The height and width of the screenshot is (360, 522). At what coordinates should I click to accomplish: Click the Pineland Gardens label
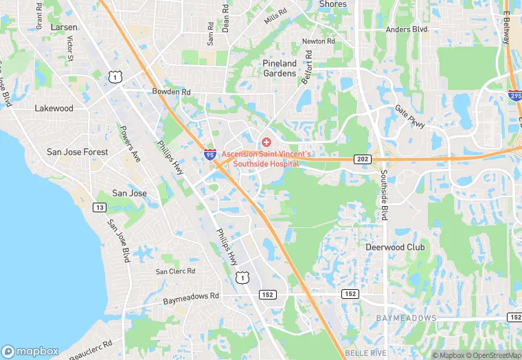pyautogui.click(x=279, y=68)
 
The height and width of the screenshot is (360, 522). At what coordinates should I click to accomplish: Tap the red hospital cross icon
pyautogui.click(x=266, y=142)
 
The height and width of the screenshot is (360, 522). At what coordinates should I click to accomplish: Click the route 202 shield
pyautogui.click(x=363, y=159)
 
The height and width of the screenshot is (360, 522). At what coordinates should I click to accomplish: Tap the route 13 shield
pyautogui.click(x=100, y=207)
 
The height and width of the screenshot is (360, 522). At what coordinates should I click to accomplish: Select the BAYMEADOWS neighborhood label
pyautogui.click(x=406, y=318)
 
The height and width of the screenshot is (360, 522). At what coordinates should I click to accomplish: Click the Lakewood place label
pyautogui.click(x=54, y=109)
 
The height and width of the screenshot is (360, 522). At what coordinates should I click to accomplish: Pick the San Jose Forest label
pyautogui.click(x=77, y=152)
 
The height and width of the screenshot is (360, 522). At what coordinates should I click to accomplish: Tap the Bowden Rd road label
pyautogui.click(x=171, y=91)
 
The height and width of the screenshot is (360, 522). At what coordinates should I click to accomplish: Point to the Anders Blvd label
pyautogui.click(x=407, y=30)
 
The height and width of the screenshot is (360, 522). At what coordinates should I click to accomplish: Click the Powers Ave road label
pyautogui.click(x=129, y=144)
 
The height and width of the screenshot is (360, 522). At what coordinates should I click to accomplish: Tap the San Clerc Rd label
pyautogui.click(x=175, y=271)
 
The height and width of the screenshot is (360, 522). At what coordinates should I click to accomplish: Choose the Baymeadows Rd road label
pyautogui.click(x=190, y=299)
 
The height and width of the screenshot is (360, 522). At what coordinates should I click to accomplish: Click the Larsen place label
pyautogui.click(x=64, y=27)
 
